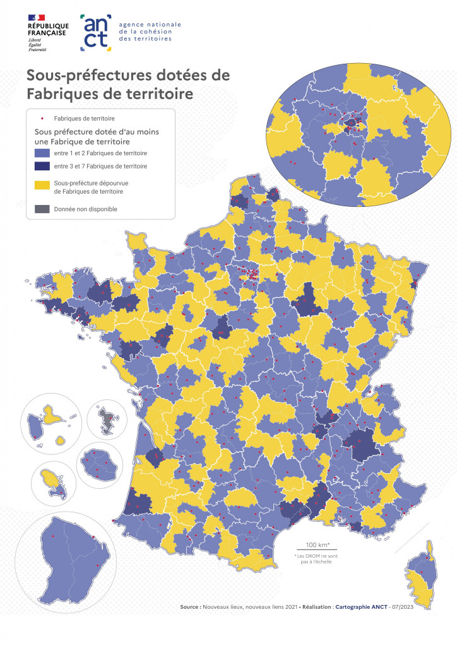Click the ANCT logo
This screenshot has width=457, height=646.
click(x=96, y=33)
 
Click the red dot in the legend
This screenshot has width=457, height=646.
click(x=42, y=118)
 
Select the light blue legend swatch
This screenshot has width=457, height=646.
click(x=42, y=153)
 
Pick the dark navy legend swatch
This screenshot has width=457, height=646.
click(x=42, y=167)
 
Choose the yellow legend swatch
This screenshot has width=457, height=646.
click(x=42, y=185)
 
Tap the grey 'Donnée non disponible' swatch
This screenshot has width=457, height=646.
click(x=42, y=209)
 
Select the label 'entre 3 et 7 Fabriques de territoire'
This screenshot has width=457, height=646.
click(x=101, y=167)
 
